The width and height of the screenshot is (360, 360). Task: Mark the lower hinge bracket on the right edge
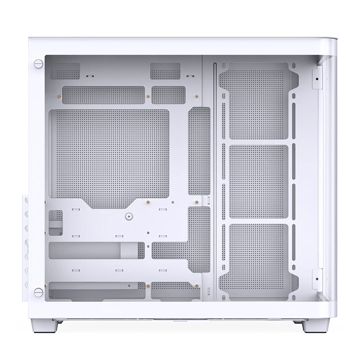318,278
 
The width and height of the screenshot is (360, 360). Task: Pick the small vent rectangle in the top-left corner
66,71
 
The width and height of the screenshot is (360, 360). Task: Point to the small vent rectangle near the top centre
165,71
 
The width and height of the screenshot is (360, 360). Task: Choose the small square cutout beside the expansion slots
56,221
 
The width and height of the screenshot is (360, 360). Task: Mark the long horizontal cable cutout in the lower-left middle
97,250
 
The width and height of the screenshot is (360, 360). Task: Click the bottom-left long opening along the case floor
97,290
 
